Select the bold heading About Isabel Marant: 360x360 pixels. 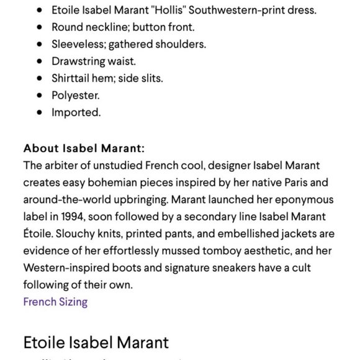84,148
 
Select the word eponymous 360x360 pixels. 304,200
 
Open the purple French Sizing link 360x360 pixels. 55,302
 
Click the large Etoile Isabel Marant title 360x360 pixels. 96,342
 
